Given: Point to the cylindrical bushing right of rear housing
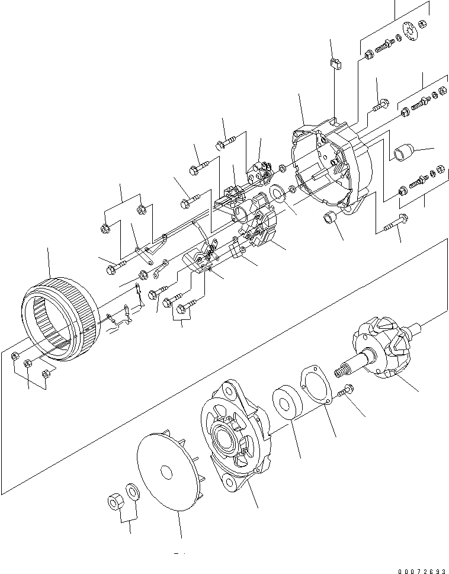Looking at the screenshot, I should click(400, 152).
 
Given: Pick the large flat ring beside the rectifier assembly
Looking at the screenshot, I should click(277, 194).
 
